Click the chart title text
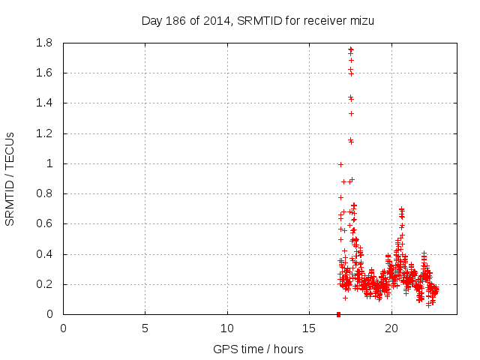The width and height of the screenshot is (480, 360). tap(257, 20)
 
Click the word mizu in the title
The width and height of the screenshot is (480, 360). tap(361, 20)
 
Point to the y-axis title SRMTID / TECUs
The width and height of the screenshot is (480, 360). tap(10, 178)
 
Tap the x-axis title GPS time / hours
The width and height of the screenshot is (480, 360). tap(257, 349)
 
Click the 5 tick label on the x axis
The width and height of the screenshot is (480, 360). tap(145, 328)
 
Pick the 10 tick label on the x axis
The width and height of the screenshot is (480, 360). tap(227, 328)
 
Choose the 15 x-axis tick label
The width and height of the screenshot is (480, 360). tap(309, 328)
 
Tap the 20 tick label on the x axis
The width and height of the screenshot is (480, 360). tap(391, 328)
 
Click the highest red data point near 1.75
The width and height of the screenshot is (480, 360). tap(350, 49)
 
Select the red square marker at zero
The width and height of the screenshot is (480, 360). tap(338, 314)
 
